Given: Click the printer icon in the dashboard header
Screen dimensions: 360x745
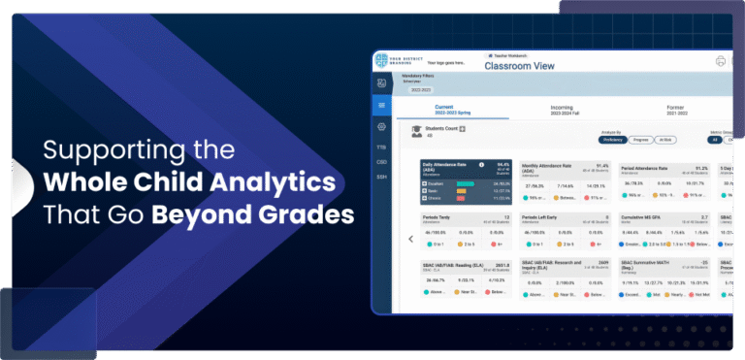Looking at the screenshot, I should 721,61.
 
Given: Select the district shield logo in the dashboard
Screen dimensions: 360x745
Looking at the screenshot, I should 381,61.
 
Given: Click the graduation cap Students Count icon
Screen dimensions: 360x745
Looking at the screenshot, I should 416,129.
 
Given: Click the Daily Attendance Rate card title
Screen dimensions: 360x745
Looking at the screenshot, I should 443,167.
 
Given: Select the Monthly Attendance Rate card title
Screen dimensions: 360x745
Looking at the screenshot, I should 550,166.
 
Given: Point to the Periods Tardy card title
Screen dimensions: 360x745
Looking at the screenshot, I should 439,216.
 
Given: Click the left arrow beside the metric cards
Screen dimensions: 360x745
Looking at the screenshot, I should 410,239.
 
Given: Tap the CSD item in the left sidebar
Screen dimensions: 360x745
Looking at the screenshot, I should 381,161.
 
